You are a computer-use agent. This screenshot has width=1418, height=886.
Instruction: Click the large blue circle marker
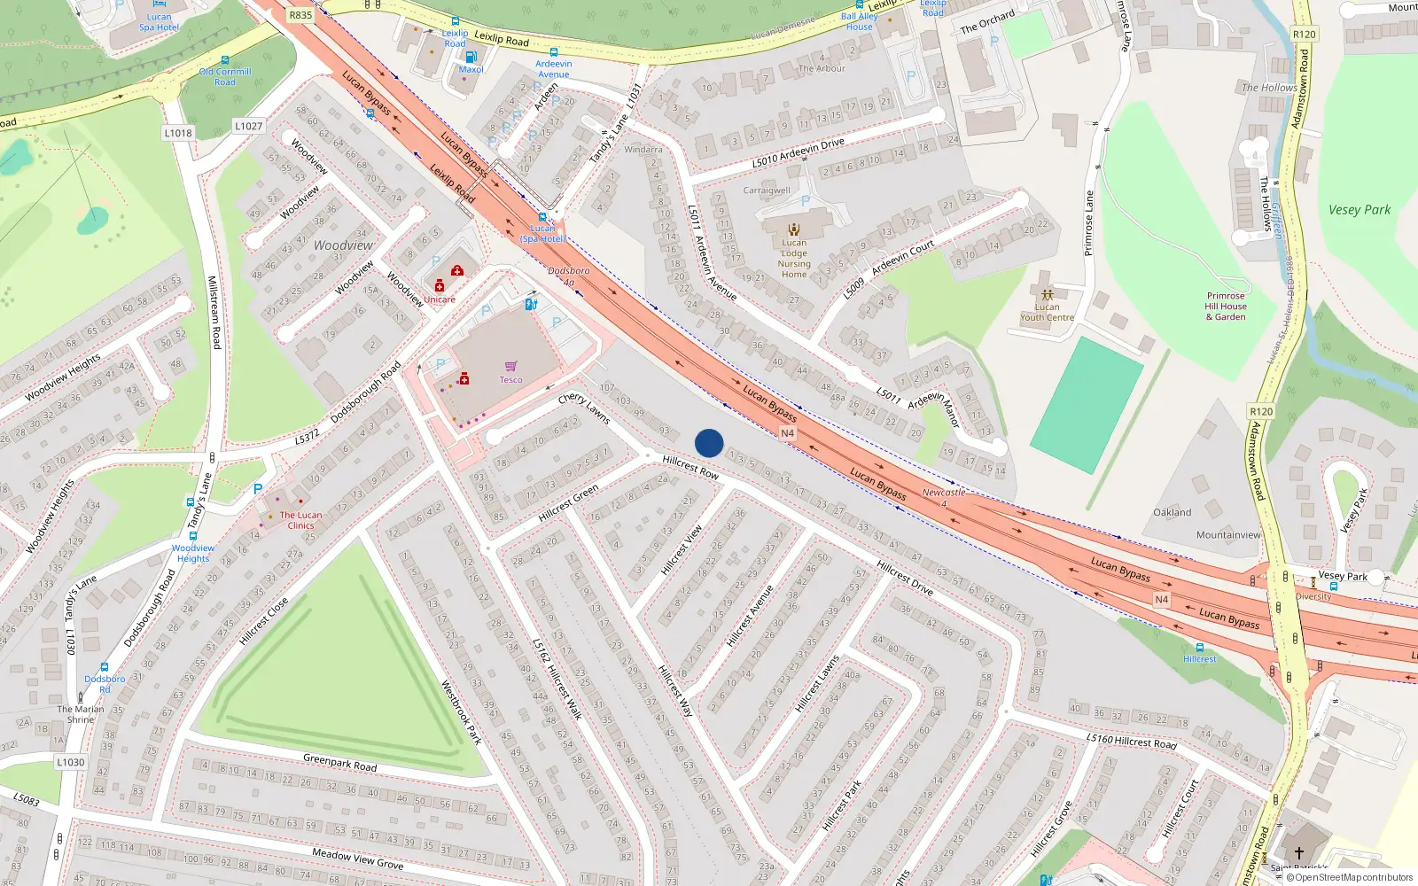[709, 443]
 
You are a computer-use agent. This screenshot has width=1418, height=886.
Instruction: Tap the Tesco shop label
[510, 380]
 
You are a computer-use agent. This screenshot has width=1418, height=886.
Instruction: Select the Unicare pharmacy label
[439, 299]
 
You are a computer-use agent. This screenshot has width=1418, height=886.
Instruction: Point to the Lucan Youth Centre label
[1047, 312]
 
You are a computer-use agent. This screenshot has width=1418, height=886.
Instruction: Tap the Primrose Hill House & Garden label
[1226, 307]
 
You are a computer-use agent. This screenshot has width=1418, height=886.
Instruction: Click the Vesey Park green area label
[1360, 210]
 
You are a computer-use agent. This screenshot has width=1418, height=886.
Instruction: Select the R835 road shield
[300, 15]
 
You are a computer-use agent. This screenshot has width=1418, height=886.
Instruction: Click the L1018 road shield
[178, 133]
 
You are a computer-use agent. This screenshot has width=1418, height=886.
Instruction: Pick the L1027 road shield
[248, 126]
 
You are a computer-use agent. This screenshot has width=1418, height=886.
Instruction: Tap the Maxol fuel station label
[471, 69]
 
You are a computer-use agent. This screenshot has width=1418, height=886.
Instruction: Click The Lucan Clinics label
[301, 520]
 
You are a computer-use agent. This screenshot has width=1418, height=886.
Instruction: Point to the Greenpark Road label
[339, 762]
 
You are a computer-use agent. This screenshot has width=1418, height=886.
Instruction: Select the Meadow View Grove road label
[357, 858]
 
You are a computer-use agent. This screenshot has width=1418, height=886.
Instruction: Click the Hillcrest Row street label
[690, 468]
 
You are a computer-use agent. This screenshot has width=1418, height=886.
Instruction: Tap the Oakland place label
[1173, 512]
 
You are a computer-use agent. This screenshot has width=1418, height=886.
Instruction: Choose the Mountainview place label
[1228, 535]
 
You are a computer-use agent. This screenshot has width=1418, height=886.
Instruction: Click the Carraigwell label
[767, 190]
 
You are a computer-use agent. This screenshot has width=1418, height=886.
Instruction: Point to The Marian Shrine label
[81, 714]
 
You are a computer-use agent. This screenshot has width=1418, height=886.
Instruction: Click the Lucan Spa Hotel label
[159, 22]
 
